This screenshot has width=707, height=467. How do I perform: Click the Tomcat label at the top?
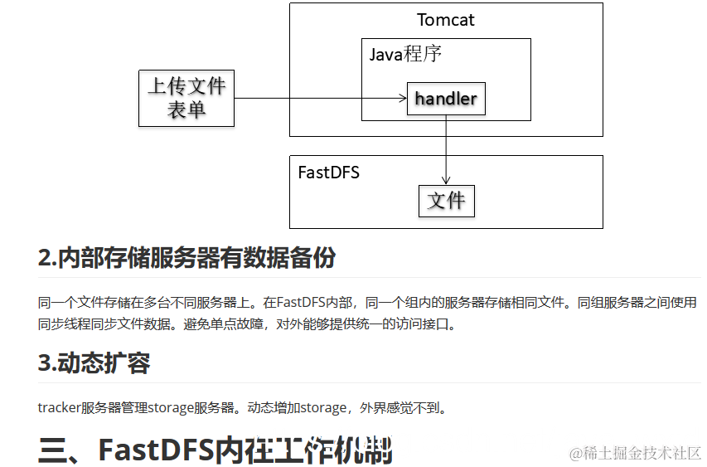tap(446, 20)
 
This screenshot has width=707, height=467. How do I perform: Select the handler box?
tap(446, 99)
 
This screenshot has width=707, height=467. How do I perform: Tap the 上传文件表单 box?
tap(186, 97)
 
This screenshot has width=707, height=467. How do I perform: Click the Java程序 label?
tap(405, 55)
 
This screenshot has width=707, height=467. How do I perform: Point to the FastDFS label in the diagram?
tap(329, 173)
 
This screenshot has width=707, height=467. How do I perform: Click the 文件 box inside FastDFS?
tap(446, 200)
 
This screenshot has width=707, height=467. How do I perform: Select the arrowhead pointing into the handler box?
tap(401, 99)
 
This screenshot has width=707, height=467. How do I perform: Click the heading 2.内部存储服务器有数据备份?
tap(187, 258)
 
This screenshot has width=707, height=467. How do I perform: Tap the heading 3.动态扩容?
tap(94, 363)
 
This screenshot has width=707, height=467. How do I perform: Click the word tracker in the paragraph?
tap(59, 407)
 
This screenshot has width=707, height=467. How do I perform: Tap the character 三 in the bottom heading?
tap(55, 450)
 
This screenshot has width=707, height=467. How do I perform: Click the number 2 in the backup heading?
tap(44, 258)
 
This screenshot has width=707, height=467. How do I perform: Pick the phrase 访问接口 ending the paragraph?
tap(421, 324)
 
